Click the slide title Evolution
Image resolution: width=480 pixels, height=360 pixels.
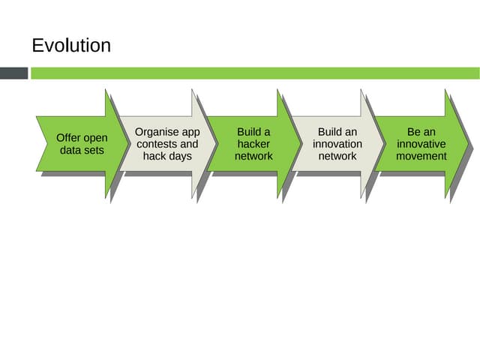pyautogui.click(x=71, y=46)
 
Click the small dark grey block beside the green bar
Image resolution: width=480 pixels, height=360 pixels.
pyautogui.click(x=13, y=73)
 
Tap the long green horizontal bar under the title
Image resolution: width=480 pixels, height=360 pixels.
pyautogui.click(x=254, y=73)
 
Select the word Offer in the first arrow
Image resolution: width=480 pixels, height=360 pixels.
pyautogui.click(x=70, y=138)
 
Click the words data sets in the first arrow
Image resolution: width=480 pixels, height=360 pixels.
pyautogui.click(x=82, y=150)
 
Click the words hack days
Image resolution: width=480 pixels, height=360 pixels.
pyautogui.click(x=167, y=156)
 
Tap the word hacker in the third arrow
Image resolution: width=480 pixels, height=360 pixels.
pyautogui.click(x=253, y=144)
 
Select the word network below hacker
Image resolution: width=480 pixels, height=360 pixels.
pyautogui.click(x=253, y=156)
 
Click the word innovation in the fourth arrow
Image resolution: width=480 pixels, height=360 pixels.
pyautogui.click(x=337, y=144)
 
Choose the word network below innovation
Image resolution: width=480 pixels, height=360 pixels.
pyautogui.click(x=337, y=156)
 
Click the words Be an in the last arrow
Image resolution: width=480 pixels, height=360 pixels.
pyautogui.click(x=421, y=132)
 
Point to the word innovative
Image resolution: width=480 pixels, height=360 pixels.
pyautogui.click(x=421, y=144)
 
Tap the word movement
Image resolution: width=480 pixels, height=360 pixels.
pyautogui.click(x=421, y=156)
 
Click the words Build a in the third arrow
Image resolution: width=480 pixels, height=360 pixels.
pyautogui.click(x=253, y=132)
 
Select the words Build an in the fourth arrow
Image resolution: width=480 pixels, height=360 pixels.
pyautogui.click(x=337, y=132)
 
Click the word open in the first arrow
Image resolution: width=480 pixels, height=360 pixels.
pyautogui.click(x=95, y=138)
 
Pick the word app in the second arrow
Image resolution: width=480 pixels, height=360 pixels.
pyautogui.click(x=190, y=132)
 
